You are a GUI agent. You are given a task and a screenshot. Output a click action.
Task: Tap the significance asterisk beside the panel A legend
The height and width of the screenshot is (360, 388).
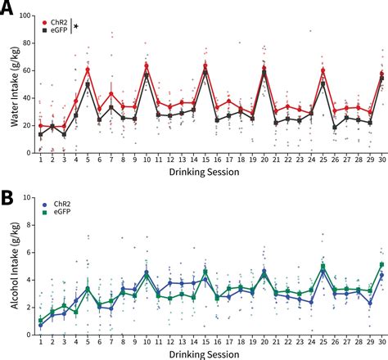tap(77, 27)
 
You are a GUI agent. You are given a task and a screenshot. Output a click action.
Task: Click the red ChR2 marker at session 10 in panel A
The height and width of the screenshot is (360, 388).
tap(147, 65)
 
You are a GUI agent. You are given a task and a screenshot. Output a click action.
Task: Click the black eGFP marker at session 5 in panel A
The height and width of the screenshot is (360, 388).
tap(88, 83)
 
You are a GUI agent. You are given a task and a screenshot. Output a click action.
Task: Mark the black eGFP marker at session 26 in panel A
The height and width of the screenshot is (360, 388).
tap(335, 127)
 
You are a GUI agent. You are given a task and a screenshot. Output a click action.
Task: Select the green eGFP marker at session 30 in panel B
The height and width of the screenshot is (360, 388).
tap(382, 265)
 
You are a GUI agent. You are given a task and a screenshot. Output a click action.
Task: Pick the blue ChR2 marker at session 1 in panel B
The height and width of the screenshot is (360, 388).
tap(41, 325)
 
